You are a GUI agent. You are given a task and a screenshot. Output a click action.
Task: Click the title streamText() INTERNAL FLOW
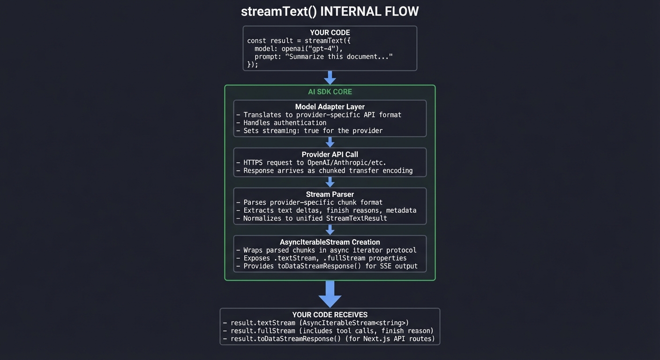point(330,11)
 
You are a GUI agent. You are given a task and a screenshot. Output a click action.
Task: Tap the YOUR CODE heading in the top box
point(330,32)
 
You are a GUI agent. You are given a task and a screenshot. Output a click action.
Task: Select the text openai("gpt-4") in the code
point(312,49)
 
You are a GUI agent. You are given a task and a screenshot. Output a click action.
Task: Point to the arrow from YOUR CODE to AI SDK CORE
point(330,77)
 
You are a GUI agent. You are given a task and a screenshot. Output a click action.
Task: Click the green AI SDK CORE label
point(330,92)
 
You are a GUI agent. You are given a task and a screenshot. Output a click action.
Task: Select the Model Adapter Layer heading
point(330,107)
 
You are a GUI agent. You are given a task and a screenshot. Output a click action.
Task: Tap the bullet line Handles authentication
point(285,123)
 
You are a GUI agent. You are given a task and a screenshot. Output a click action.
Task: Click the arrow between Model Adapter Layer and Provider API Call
point(330,142)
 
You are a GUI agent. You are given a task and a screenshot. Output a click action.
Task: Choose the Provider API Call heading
point(330,155)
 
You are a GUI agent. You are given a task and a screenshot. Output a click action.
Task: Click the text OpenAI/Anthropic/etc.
point(346,163)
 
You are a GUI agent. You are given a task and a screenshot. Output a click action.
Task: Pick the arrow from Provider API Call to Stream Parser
point(330,182)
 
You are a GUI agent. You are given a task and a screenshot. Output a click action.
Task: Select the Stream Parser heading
point(330,195)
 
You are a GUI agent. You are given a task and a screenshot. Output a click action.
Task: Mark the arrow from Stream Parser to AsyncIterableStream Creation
point(330,230)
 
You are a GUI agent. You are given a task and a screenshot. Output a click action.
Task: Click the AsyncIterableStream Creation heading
point(330,242)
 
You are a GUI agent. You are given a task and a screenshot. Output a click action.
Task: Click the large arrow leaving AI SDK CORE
point(330,294)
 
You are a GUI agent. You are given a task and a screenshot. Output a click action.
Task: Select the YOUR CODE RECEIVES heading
point(330,315)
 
